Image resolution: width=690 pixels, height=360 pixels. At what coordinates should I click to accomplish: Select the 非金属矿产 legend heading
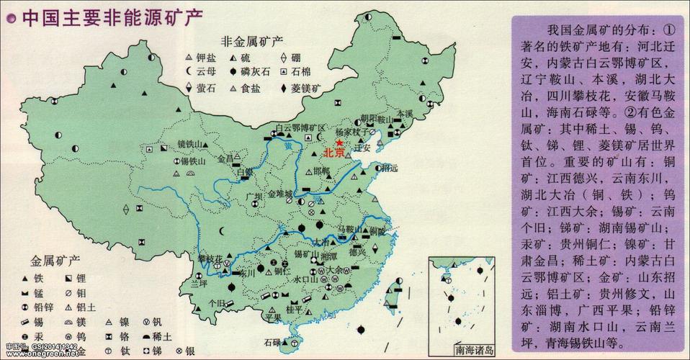pos(251,40)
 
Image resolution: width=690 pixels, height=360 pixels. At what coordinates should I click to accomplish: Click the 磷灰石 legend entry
pos(255,71)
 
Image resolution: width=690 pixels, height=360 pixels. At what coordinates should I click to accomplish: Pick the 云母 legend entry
pos(205,71)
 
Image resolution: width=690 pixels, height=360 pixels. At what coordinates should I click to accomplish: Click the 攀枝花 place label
pos(211,258)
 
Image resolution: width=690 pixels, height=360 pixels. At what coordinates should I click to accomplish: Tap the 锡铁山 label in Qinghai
pos(193,161)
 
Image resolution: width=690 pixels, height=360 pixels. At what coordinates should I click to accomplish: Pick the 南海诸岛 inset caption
pos(475,351)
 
